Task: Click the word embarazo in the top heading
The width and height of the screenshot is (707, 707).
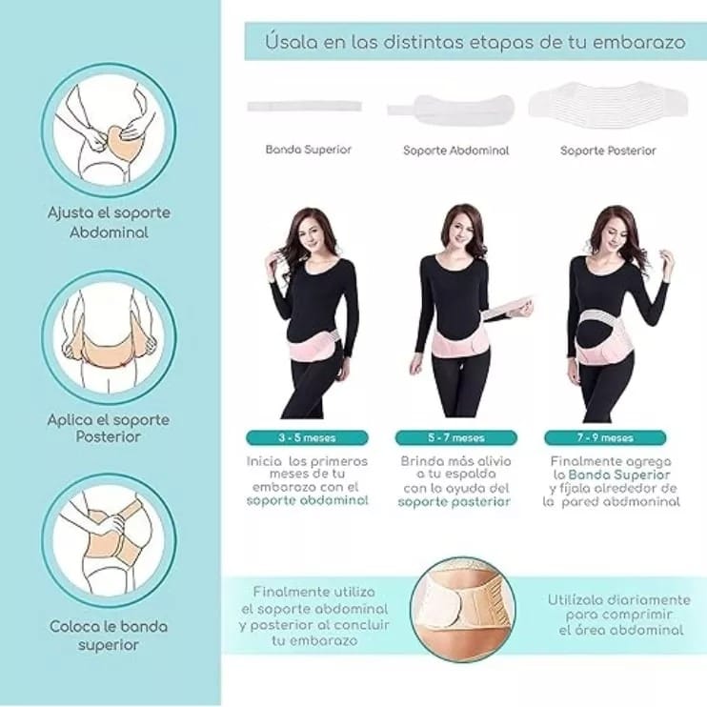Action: tap(638, 42)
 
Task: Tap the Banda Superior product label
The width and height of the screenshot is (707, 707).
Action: tap(309, 150)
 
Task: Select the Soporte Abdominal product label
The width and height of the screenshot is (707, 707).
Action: tap(455, 151)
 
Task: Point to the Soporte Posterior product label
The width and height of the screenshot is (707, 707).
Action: tap(608, 151)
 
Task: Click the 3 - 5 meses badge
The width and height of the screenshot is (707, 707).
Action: tap(307, 437)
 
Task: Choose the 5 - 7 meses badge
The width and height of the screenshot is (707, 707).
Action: tap(456, 437)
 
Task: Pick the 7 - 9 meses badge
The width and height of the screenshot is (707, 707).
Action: tap(605, 437)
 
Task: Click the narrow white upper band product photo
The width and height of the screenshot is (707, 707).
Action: tap(304, 107)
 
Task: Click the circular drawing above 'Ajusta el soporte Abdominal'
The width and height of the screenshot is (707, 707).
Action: tap(109, 131)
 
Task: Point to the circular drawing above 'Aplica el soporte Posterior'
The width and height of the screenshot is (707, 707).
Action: tap(109, 337)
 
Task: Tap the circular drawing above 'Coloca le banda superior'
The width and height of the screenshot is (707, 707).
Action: tap(109, 540)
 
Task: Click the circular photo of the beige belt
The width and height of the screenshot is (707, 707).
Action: tap(463, 610)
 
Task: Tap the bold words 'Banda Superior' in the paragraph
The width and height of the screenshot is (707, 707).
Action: tap(619, 475)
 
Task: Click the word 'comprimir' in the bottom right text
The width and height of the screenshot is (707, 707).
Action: tap(619, 615)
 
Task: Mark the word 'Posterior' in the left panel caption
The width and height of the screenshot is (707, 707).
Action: tap(109, 436)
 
